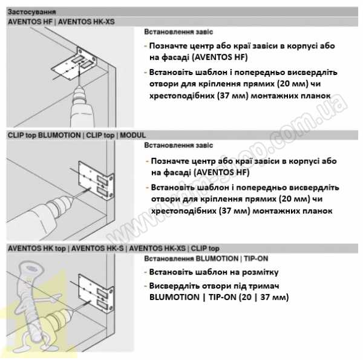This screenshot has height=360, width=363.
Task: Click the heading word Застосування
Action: (x=31, y=12)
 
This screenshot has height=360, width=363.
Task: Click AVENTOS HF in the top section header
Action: (x=30, y=22)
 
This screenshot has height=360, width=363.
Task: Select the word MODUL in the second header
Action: (x=132, y=135)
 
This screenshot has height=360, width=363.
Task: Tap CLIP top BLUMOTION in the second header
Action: (x=44, y=135)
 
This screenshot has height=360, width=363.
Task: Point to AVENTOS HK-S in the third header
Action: (x=97, y=249)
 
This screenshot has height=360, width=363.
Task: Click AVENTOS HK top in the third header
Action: (x=37, y=249)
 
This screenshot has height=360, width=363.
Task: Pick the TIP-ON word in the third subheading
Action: (x=256, y=258)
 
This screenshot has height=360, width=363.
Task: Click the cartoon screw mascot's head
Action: (x=31, y=269)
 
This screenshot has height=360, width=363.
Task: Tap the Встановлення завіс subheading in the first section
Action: (x=178, y=32)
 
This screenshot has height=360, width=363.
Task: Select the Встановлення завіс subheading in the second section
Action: (x=178, y=145)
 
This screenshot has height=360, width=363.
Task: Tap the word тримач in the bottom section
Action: (x=263, y=286)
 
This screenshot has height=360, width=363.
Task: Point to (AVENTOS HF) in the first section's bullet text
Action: (x=220, y=57)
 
